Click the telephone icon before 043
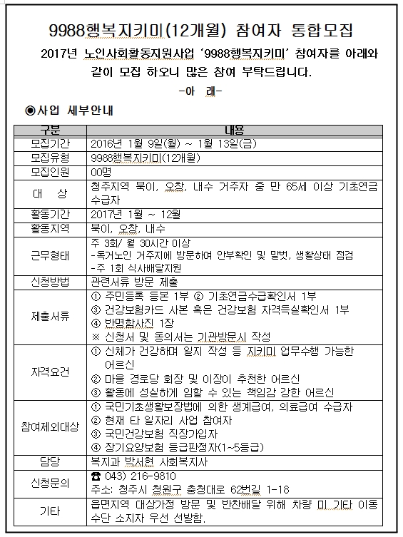pyautogui.click(x=98, y=476)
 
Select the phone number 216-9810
pyautogui.click(x=154, y=476)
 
